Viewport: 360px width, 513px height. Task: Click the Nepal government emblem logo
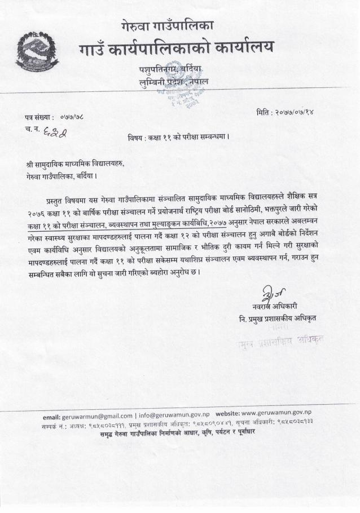(37, 52)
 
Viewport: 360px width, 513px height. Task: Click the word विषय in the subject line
(137, 137)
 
